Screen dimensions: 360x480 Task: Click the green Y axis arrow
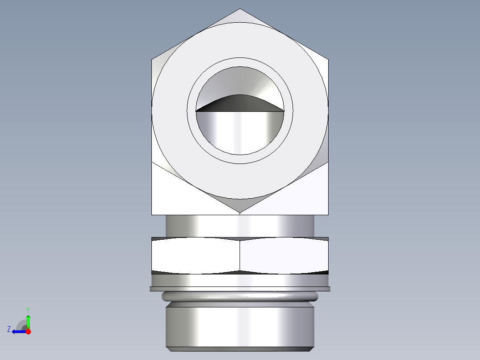click(x=28, y=320)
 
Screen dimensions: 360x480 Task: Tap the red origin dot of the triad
click(x=28, y=331)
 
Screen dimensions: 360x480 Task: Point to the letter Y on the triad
click(x=28, y=309)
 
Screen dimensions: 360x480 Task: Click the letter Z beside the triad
click(x=9, y=329)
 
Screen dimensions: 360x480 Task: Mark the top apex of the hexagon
click(x=240, y=10)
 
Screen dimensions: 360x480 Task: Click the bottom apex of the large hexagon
click(x=240, y=212)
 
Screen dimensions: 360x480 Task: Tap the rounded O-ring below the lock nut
click(x=240, y=297)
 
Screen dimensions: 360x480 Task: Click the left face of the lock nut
click(x=196, y=256)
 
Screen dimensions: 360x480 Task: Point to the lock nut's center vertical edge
click(x=240, y=256)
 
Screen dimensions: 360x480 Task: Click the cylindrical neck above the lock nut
click(x=240, y=225)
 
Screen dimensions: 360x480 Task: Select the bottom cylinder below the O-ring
click(x=240, y=325)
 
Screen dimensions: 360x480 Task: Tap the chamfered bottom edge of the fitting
click(x=240, y=349)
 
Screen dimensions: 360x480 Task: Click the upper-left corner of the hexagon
click(x=152, y=59)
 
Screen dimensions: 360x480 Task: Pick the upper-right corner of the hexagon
click(x=328, y=59)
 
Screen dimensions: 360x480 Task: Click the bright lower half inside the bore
click(x=240, y=131)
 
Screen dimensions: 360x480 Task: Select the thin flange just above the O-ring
click(x=240, y=289)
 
